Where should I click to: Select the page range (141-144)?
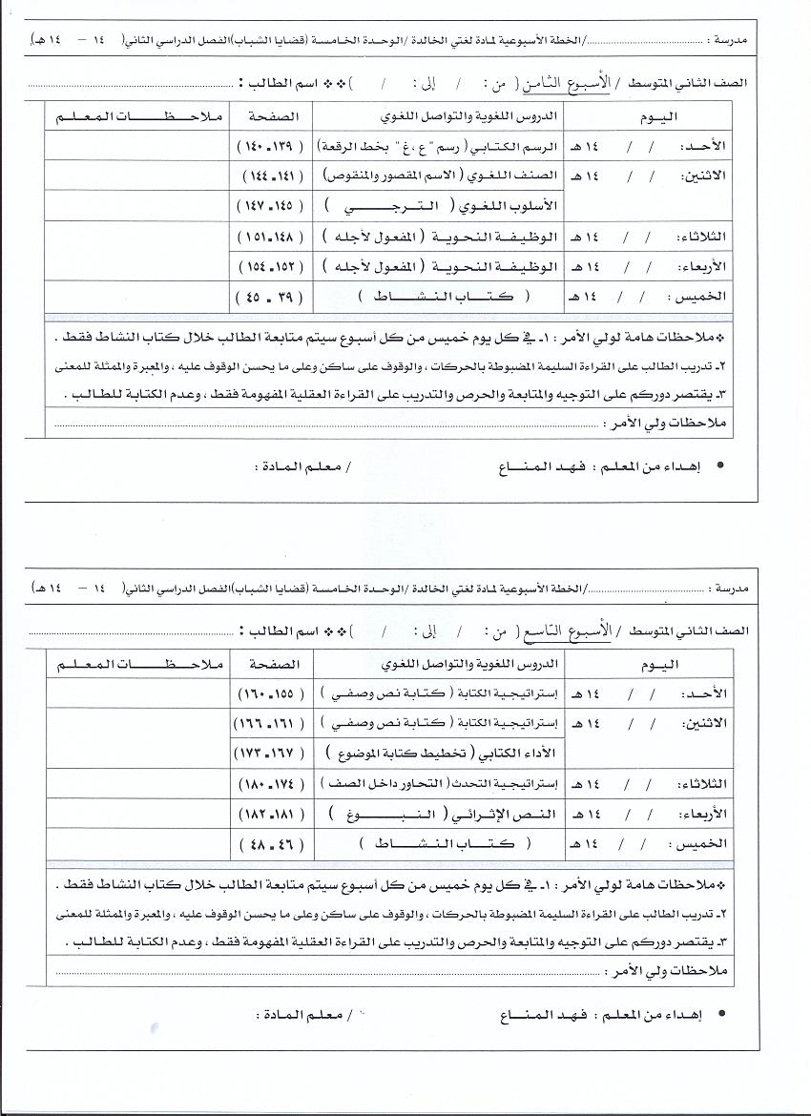(x=271, y=176)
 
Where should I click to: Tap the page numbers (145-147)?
(x=271, y=205)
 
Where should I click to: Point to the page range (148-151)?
(x=271, y=237)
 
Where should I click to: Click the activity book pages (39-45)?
(x=271, y=296)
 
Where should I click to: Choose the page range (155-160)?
(x=271, y=692)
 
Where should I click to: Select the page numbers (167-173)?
(x=271, y=753)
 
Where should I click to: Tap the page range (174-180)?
(x=271, y=784)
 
